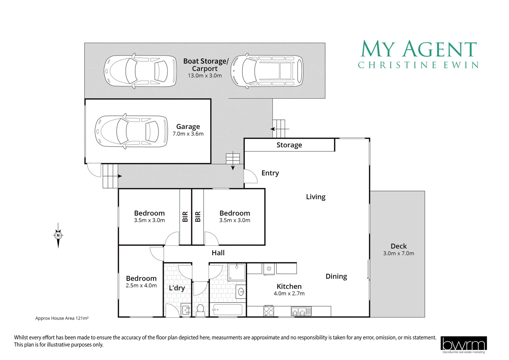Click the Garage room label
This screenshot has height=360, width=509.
[x=188, y=127]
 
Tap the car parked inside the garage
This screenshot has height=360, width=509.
[x=131, y=132]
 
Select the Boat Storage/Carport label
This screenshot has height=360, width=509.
[x=206, y=65]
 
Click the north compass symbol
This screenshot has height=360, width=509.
[x=58, y=235]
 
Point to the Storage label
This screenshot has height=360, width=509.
[x=289, y=145]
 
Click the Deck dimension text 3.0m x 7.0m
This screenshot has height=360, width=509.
[x=398, y=253]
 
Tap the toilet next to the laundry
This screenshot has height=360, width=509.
[x=200, y=310]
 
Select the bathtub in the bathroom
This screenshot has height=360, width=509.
[x=228, y=310]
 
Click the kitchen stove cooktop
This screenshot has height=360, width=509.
[x=268, y=311]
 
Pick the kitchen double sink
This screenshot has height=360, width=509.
[x=301, y=311]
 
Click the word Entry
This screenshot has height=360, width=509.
[x=270, y=173]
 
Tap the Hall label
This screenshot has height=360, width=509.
[x=218, y=253]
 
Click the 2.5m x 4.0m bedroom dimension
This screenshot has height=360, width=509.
[x=141, y=286]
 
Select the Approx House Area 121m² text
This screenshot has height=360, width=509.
[x=62, y=318]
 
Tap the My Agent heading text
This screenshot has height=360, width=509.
[x=419, y=49]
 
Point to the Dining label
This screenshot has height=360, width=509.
[x=336, y=276]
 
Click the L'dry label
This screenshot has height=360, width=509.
[x=177, y=288]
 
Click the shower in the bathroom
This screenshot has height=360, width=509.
[x=237, y=272]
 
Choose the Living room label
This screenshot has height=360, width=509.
[x=315, y=197]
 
